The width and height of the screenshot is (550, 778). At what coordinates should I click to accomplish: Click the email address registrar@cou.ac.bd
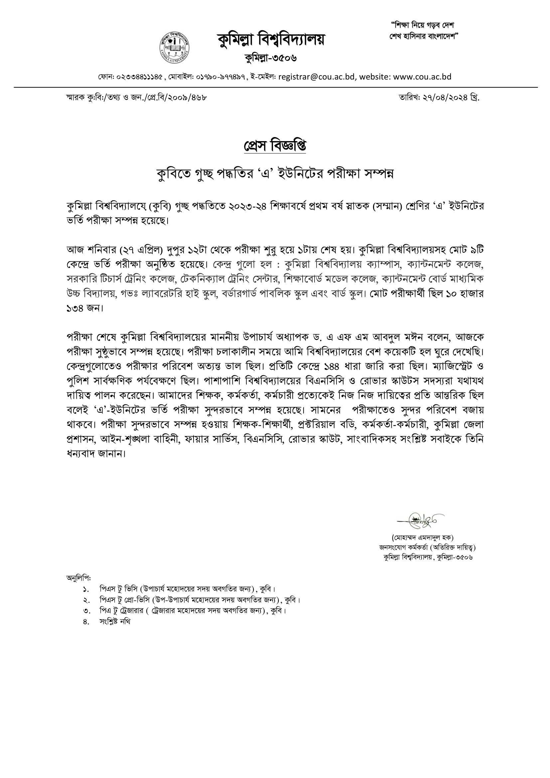(316, 77)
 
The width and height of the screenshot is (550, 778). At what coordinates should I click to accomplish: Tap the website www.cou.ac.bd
(422, 77)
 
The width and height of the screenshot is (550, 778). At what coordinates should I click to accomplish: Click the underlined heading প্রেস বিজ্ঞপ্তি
(275, 146)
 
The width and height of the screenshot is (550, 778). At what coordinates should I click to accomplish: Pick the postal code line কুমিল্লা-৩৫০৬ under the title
(271, 58)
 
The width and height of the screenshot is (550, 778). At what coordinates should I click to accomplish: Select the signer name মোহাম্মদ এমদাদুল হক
(422, 537)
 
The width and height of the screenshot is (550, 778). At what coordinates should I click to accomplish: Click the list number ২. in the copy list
(86, 600)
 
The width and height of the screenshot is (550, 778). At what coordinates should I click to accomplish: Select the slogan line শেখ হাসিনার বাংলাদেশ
(423, 36)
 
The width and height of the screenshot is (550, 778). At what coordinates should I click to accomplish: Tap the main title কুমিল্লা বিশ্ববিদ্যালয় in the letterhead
(271, 39)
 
